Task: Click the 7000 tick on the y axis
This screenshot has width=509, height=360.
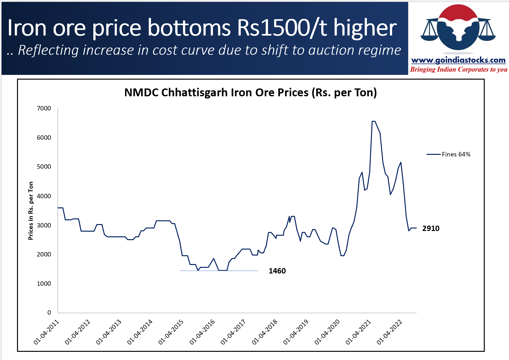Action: coord(44,108)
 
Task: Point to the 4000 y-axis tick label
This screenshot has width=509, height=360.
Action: coord(44,196)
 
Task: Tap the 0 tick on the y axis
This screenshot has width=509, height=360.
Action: coord(49,312)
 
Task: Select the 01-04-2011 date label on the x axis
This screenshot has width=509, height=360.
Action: coord(46,332)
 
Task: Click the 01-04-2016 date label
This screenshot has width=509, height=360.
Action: coord(202,332)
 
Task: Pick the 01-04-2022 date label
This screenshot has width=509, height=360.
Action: coord(389,332)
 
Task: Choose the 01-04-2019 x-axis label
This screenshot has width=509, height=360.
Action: coord(296,332)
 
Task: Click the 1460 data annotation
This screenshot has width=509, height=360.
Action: coord(277,271)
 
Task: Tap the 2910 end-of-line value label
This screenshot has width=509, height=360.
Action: coord(431,228)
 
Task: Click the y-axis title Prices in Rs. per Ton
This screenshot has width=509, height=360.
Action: coord(31,211)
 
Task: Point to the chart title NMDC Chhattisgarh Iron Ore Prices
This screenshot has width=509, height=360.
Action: coord(250,93)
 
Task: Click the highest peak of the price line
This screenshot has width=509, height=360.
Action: coord(374,121)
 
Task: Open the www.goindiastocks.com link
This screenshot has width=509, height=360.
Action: coord(458,60)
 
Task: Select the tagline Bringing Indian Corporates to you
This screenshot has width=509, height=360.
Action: coord(459,70)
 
